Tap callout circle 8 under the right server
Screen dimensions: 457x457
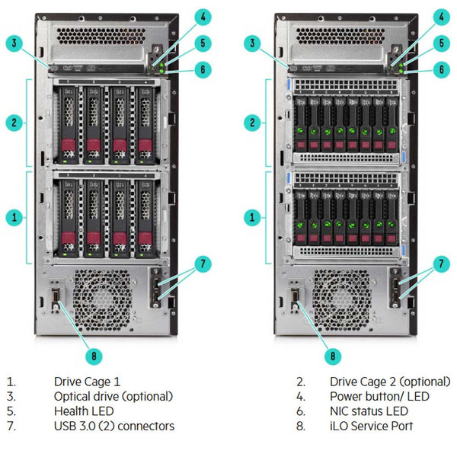[x=332, y=354]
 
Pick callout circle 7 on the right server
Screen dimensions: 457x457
[x=441, y=264]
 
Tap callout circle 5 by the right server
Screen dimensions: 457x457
[x=440, y=43]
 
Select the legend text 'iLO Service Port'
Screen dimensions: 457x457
[x=371, y=426]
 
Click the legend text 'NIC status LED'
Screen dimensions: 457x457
[x=369, y=411]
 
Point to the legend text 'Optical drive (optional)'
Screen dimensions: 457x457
[x=113, y=396]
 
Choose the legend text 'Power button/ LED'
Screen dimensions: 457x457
[x=379, y=396]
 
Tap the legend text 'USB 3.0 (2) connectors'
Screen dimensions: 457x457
[x=114, y=426]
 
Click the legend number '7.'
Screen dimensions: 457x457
[x=10, y=426]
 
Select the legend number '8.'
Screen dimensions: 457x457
[x=301, y=426]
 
